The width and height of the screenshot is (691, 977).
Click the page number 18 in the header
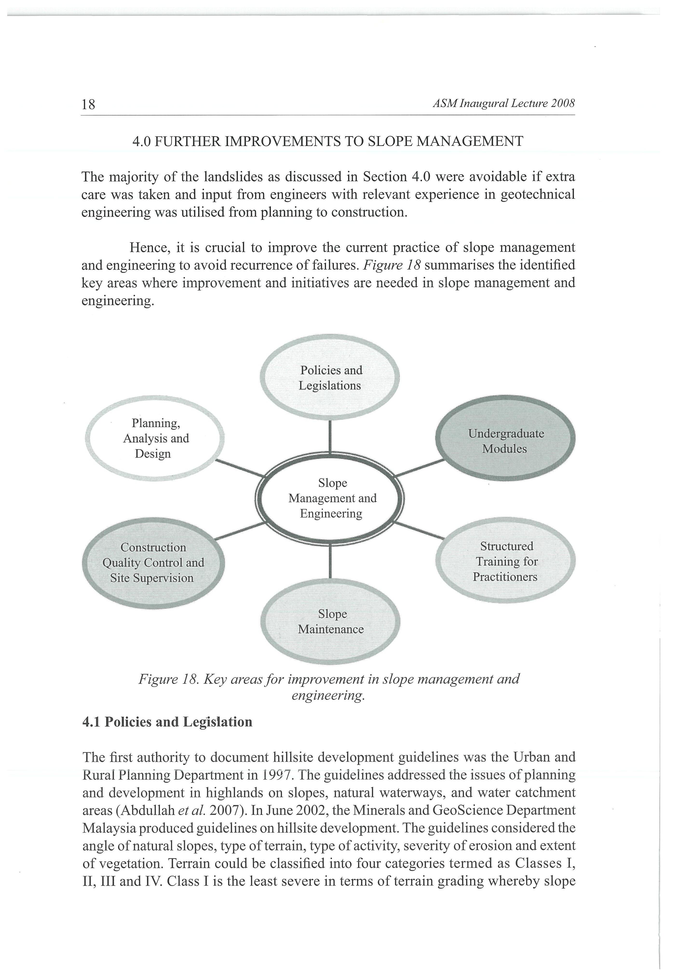[88, 104]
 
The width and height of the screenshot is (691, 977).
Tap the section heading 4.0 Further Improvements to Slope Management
[328, 141]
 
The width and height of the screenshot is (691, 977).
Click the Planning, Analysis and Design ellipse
[156, 438]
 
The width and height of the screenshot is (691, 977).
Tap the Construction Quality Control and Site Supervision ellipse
[153, 562]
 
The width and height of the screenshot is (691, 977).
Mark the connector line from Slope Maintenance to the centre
[330, 562]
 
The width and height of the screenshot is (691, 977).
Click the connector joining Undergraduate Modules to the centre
[419, 468]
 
